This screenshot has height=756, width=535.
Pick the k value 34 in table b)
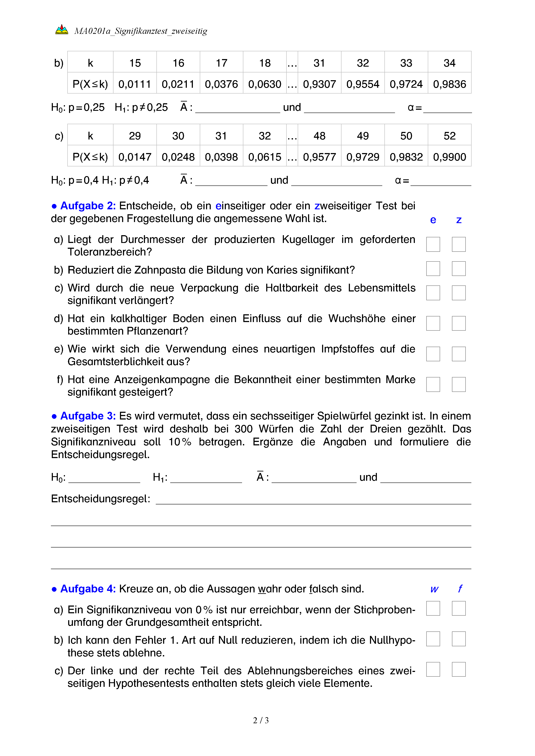tap(449, 63)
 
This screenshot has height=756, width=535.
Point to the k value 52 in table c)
tap(449, 136)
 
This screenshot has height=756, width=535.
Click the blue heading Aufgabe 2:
tap(88, 206)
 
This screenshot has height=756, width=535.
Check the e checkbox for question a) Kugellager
tap(433, 244)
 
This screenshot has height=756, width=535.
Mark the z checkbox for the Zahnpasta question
tap(459, 269)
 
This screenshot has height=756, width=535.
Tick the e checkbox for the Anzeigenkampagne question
tap(433, 384)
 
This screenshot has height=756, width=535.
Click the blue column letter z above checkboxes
tap(459, 220)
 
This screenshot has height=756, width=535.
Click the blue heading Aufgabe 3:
tap(88, 416)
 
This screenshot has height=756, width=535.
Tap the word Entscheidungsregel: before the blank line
tap(101, 499)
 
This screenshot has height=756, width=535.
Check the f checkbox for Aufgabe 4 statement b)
tap(459, 639)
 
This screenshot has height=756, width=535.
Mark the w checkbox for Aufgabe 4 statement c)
tap(433, 669)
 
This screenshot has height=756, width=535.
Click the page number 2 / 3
tap(261, 720)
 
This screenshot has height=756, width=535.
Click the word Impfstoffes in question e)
tap(348, 349)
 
